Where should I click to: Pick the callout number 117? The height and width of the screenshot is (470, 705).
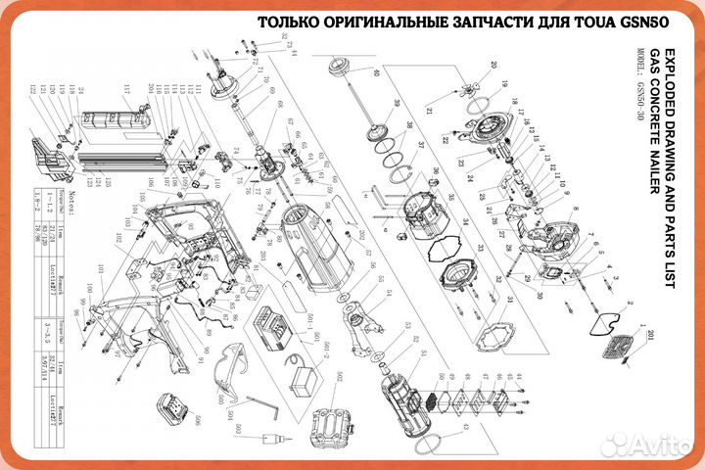point(126,88)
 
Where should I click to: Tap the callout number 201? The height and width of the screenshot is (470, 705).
point(653,338)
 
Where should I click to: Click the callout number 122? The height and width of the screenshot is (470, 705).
point(32,89)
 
